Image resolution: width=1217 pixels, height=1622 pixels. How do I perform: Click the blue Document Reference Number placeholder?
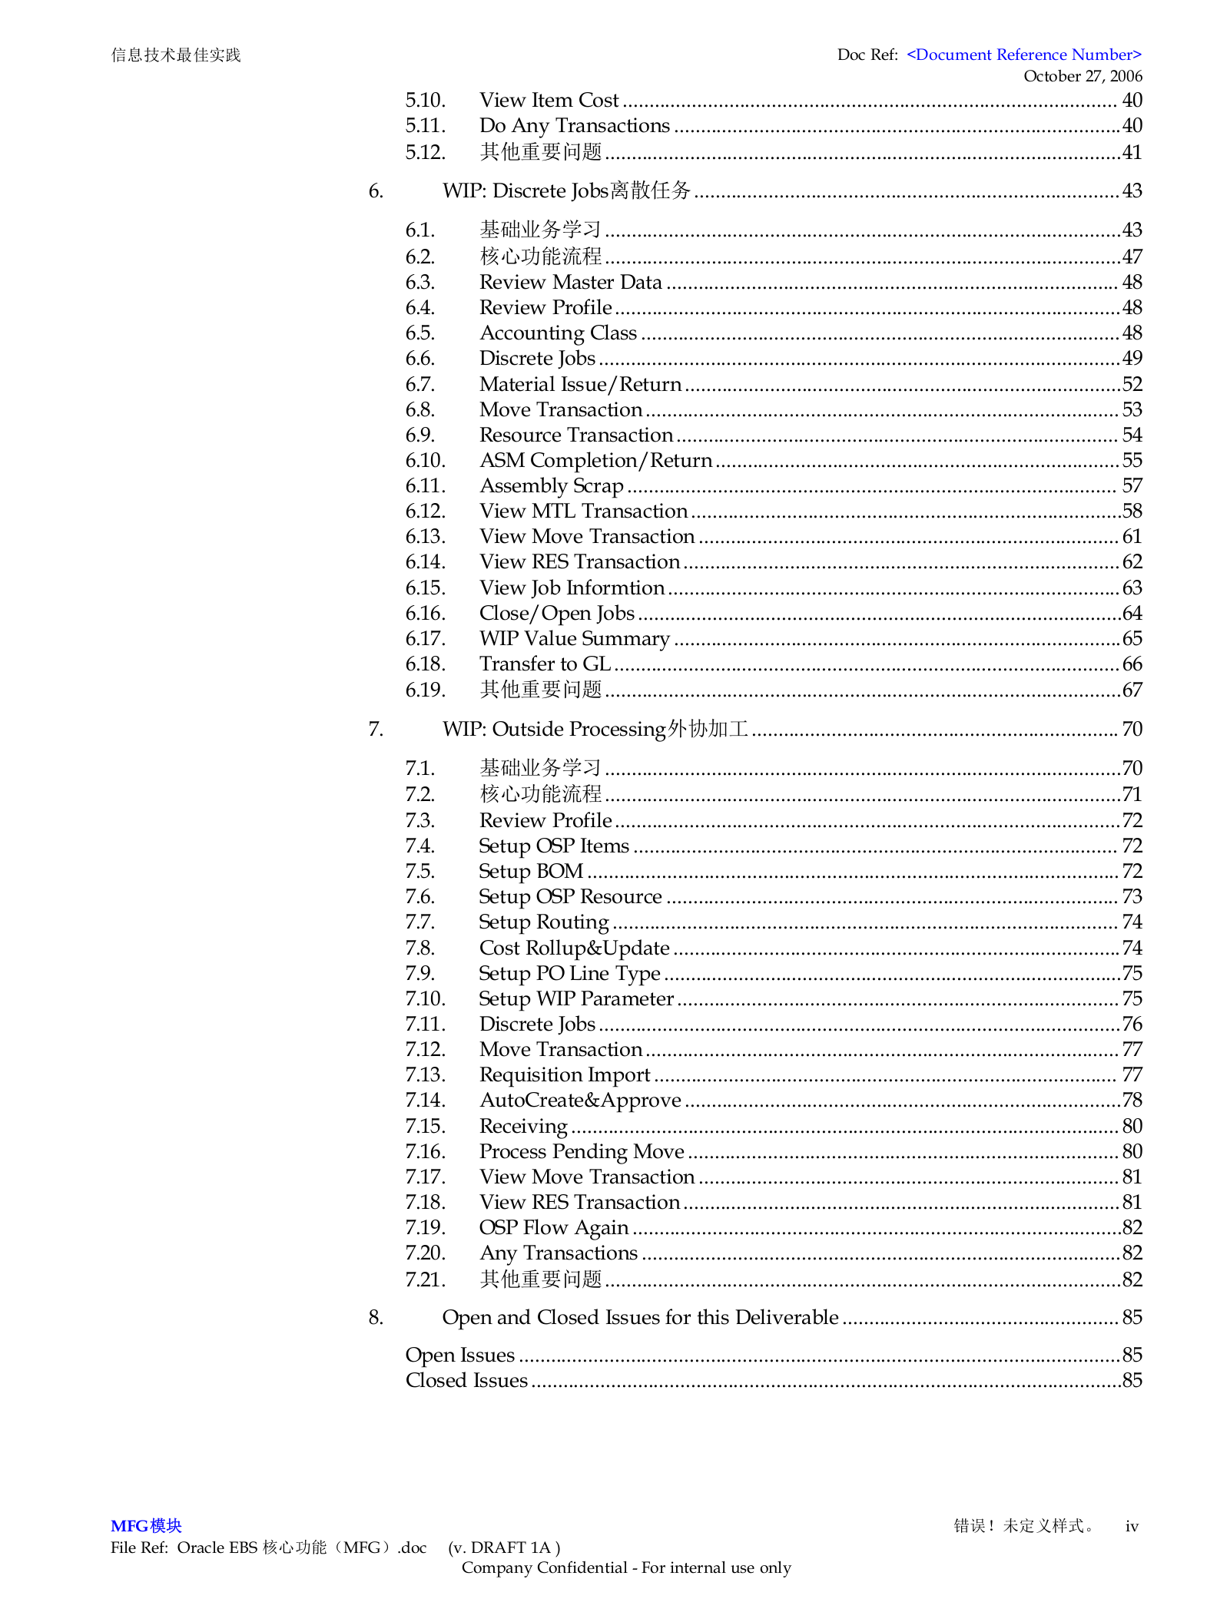[1023, 55]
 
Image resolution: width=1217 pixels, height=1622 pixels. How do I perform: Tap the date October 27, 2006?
[1082, 76]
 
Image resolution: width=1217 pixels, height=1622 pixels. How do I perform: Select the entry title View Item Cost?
[549, 101]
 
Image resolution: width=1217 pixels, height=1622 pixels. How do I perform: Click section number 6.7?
[419, 384]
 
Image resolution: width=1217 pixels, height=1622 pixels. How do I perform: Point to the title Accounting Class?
[558, 333]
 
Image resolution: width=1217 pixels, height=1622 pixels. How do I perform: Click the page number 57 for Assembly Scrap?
[1131, 485]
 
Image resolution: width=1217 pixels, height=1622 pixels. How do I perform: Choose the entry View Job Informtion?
[572, 588]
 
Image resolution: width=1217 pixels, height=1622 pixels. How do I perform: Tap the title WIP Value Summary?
[574, 639]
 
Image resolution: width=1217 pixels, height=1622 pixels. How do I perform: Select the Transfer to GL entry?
[545, 664]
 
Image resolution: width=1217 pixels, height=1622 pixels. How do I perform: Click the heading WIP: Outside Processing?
[595, 729]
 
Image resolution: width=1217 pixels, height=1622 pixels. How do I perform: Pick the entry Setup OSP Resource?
[570, 897]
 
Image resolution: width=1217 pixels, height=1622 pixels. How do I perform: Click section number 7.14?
[425, 1101]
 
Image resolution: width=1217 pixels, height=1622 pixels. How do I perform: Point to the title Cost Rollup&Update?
[574, 948]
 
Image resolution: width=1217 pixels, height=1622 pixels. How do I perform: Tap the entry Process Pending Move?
[582, 1152]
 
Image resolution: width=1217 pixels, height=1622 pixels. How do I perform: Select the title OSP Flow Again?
[553, 1228]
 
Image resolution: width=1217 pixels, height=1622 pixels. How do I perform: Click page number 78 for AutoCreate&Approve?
[1131, 1101]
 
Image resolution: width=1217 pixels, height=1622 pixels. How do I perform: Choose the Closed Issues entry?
[466, 1381]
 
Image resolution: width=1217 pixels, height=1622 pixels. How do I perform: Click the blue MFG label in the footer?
[146, 1526]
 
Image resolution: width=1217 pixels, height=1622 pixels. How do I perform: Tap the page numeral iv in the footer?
[1131, 1526]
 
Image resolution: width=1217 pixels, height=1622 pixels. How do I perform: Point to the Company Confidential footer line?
[626, 1567]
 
